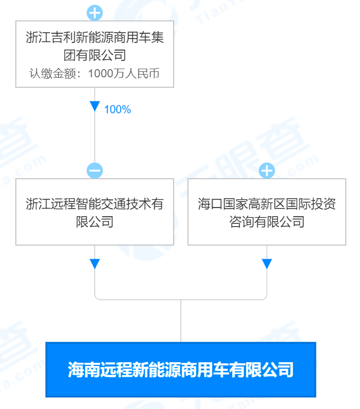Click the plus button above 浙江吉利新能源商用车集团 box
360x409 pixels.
pyautogui.click(x=95, y=13)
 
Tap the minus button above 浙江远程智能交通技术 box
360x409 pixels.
pyautogui.click(x=95, y=170)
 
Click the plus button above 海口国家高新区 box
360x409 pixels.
pyautogui.click(x=267, y=170)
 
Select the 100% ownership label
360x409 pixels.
pyautogui.click(x=118, y=109)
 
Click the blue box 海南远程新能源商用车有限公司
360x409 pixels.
pyautogui.click(x=181, y=370)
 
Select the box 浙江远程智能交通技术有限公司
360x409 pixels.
pyautogui.click(x=95, y=212)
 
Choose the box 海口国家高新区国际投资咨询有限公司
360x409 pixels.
pyautogui.click(x=267, y=212)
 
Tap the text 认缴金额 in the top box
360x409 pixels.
pyautogui.click(x=53, y=74)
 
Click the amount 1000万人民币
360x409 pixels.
pyautogui.click(x=124, y=74)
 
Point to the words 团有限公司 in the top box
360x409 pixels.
pyautogui.click(x=95, y=55)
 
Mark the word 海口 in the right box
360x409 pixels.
pyautogui.click(x=210, y=204)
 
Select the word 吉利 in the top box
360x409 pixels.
pyautogui.click(x=63, y=37)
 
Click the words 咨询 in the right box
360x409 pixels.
pyautogui.click(x=242, y=222)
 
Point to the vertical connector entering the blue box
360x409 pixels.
pyautogui.click(x=181, y=321)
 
